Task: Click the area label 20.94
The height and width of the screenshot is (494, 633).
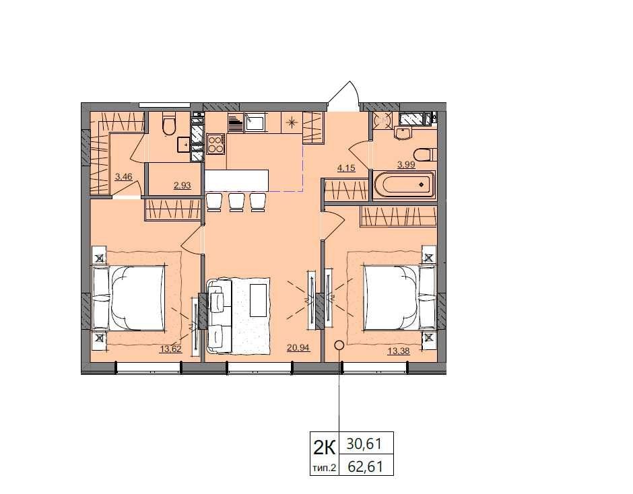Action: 298,347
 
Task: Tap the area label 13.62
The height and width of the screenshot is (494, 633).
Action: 171,349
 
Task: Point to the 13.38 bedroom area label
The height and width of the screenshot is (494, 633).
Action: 399,351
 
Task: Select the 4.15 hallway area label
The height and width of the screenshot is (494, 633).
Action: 346,168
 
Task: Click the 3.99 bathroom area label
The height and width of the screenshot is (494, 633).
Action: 406,165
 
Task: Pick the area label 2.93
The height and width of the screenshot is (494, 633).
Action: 182,186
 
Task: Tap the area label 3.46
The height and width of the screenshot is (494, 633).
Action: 123,176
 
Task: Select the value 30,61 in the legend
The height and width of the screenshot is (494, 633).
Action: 364,444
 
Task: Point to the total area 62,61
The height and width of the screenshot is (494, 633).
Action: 365,467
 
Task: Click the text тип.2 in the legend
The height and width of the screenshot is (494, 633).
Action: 324,468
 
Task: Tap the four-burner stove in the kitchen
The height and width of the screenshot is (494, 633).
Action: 215,144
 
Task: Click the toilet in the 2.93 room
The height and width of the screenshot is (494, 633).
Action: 169,124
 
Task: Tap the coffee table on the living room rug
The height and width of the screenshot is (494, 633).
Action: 259,300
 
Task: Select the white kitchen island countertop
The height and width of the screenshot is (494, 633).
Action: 236,180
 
